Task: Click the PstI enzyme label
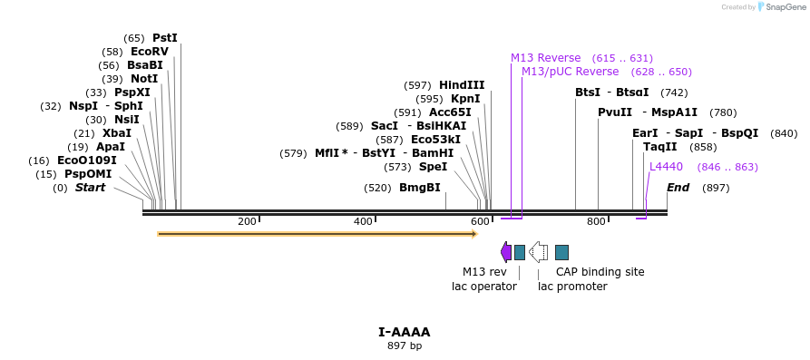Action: point(165,38)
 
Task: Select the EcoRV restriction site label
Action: point(150,52)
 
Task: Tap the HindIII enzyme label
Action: point(462,85)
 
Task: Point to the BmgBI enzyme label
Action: point(419,188)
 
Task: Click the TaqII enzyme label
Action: point(659,147)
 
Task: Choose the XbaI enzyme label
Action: point(117,132)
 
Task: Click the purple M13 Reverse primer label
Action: point(545,58)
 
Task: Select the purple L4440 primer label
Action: point(666,166)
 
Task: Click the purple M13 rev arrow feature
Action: point(506,252)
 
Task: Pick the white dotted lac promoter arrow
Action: point(539,252)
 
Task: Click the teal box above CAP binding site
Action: point(561,253)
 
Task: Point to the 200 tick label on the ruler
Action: point(247,221)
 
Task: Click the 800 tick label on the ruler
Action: point(596,221)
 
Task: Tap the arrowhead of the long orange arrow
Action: point(474,234)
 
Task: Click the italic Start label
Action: point(90,188)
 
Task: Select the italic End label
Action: point(678,188)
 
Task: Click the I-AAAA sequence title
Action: point(405,332)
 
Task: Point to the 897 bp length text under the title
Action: point(405,345)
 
